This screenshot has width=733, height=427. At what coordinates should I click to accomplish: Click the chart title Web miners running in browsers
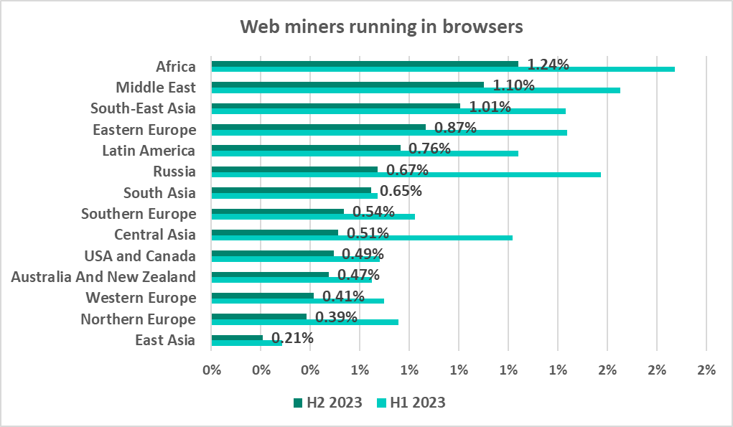tap(381, 27)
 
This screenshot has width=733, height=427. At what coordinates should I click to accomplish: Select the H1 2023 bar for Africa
tap(443, 70)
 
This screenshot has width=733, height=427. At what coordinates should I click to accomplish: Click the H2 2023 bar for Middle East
tap(347, 84)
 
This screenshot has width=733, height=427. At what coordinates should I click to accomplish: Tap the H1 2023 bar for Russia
tap(406, 174)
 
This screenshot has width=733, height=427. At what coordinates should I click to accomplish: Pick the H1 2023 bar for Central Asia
tap(362, 238)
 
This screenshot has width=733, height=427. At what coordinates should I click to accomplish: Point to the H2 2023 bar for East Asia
tap(237, 337)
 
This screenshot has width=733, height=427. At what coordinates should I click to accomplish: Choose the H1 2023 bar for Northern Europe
tap(304, 322)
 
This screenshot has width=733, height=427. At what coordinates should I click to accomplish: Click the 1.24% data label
tap(548, 65)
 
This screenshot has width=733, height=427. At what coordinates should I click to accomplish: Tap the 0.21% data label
tap(292, 338)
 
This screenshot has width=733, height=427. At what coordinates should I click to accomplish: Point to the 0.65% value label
tap(401, 192)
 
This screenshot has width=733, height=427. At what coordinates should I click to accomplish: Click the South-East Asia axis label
tap(143, 108)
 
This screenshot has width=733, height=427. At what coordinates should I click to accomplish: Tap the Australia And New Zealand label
tap(103, 276)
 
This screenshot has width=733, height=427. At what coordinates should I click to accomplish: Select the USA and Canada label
tap(140, 255)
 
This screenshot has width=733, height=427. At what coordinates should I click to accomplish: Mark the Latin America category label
tap(149, 151)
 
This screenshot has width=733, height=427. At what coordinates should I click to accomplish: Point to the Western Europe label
tap(141, 298)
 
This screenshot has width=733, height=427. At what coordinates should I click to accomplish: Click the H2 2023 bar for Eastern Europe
tap(318, 126)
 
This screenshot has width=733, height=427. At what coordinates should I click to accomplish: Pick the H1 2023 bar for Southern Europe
tap(313, 217)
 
